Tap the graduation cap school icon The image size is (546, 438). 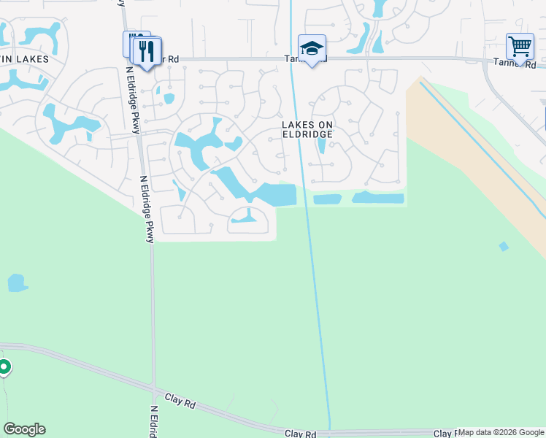coord(312,48)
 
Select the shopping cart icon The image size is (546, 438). coord(520,46)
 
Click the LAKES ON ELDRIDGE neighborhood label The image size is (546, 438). coord(307,129)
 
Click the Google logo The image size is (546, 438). coord(24,429)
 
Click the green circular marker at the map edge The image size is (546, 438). coord(4,367)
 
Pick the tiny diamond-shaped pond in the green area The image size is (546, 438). coord(504,246)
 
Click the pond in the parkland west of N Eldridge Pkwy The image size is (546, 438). coord(17,283)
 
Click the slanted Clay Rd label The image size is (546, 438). coord(182,400)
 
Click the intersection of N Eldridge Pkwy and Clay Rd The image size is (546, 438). coord(153,388)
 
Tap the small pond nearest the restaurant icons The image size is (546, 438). coord(169,98)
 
